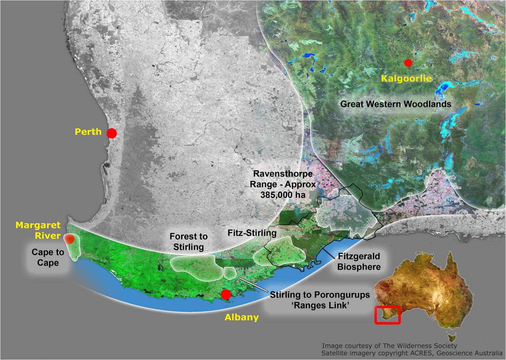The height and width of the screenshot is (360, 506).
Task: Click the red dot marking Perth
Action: (112, 133)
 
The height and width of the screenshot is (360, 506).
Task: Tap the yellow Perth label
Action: (88, 131)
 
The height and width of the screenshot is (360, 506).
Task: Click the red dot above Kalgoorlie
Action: (408, 63)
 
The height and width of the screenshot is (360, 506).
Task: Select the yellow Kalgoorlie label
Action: (406, 79)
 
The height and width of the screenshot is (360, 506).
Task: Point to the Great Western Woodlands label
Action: (396, 104)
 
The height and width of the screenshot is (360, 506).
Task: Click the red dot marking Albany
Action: (226, 294)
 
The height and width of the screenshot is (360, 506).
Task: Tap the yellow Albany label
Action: (241, 317)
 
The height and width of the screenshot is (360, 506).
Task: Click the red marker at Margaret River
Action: (70, 239)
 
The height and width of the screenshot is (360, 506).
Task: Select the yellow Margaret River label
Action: (38, 230)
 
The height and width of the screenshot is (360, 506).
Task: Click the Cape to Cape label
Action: (48, 257)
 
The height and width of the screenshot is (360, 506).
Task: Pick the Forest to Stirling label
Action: (188, 242)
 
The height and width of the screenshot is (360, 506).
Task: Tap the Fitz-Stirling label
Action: (252, 233)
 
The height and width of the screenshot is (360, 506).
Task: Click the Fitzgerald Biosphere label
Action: (359, 262)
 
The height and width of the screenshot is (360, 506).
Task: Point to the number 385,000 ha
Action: (282, 194)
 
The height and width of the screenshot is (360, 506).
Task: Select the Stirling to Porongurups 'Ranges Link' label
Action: (320, 300)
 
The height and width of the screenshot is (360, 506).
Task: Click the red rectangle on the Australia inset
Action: (387, 315)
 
